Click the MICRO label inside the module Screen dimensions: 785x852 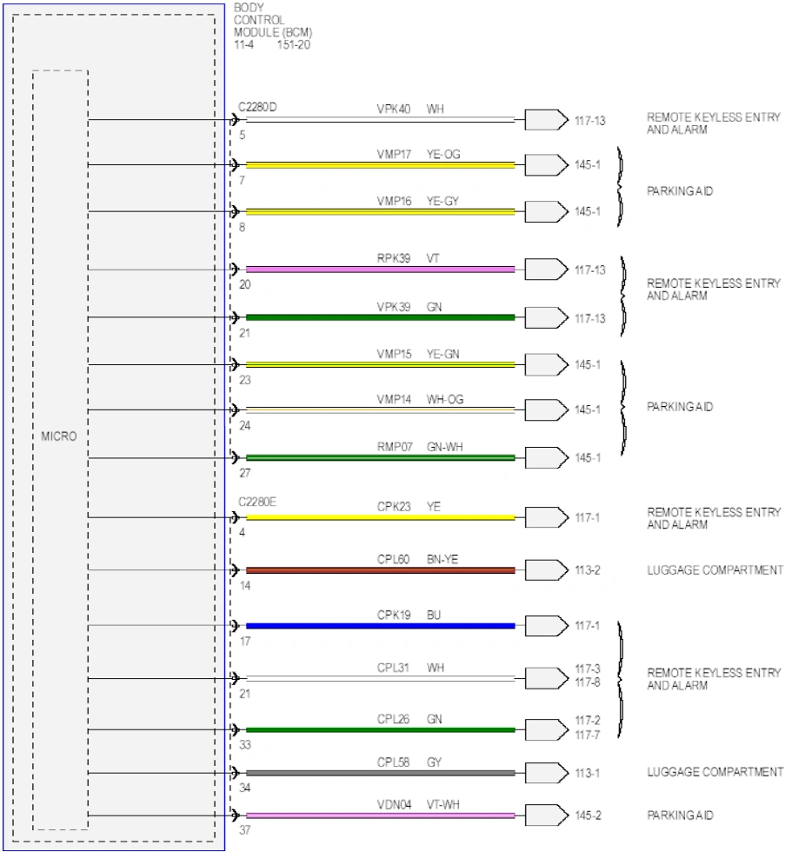[x=58, y=436]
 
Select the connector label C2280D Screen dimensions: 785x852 [x=257, y=107]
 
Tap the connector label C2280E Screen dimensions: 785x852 [x=257, y=502]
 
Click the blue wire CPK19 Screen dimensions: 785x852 [x=380, y=626]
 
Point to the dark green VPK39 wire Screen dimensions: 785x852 [x=380, y=317]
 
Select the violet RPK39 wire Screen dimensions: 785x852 [x=380, y=270]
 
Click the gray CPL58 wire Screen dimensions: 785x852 [x=380, y=773]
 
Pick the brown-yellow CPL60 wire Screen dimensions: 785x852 [x=380, y=570]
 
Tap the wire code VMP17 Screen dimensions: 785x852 [x=394, y=155]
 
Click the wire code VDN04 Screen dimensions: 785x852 [x=394, y=804]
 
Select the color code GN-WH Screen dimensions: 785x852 [x=445, y=447]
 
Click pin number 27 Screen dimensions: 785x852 [x=245, y=473]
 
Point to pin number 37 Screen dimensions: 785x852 [x=245, y=829]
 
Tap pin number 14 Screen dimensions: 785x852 [x=245, y=585]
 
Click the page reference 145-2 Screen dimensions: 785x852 [x=588, y=815]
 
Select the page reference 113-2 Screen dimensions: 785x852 [x=588, y=570]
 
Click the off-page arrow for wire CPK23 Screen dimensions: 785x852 [x=547, y=517]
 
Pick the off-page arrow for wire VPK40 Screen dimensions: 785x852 [x=547, y=120]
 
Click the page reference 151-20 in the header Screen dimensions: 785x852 [x=293, y=45]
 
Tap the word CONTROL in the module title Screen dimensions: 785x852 [x=259, y=20]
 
